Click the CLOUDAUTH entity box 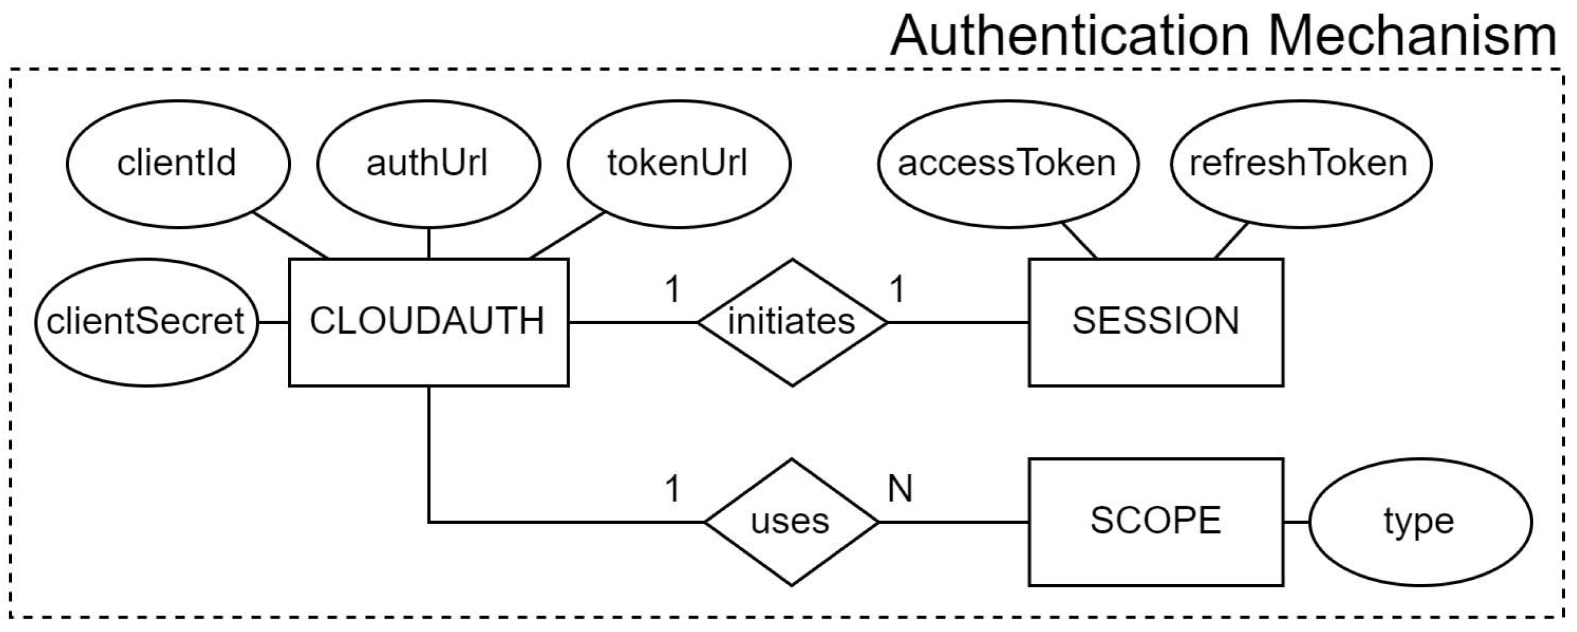click(428, 322)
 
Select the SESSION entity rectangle click(1155, 322)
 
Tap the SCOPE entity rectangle click(1155, 522)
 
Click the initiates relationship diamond click(792, 322)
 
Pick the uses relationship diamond click(791, 522)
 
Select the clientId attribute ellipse click(177, 164)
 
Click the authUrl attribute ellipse click(428, 164)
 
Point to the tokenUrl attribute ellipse click(678, 164)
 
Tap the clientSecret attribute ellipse click(146, 322)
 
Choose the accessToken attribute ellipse click(1007, 164)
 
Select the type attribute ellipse click(1419, 522)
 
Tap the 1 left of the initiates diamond click(672, 289)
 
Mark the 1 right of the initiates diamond click(897, 289)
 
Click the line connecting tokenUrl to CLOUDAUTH click(567, 236)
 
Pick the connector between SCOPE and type click(1296, 522)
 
